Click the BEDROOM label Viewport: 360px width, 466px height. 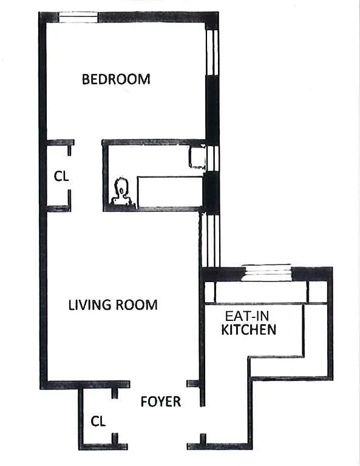click(x=116, y=79)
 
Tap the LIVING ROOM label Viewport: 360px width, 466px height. click(x=113, y=305)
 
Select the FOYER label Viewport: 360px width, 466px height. click(x=160, y=402)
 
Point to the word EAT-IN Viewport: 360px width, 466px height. click(x=246, y=316)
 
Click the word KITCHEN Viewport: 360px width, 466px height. click(x=249, y=329)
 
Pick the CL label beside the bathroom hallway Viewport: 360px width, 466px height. click(x=61, y=176)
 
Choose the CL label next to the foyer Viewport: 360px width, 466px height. click(x=98, y=422)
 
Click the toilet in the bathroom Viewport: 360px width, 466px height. click(x=121, y=192)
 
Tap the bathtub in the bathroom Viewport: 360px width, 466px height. click(x=170, y=192)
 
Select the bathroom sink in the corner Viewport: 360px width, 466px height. click(x=197, y=157)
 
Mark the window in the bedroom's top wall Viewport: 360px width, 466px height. click(x=78, y=17)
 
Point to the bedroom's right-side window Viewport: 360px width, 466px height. click(x=212, y=52)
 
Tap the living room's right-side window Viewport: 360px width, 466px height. click(x=210, y=241)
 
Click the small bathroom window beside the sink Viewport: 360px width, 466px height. click(x=213, y=158)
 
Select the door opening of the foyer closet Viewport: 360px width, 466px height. click(x=115, y=416)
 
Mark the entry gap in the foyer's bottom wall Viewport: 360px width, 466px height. click(x=157, y=447)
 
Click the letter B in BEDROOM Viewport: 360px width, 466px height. click(x=86, y=79)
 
